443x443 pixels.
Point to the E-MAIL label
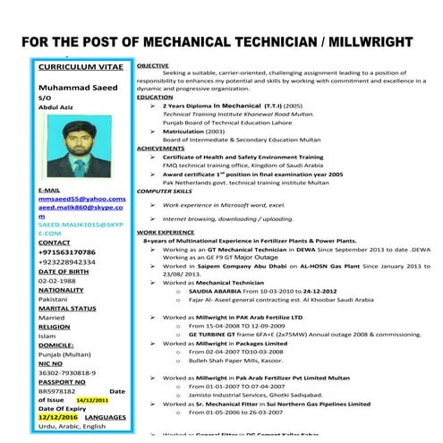pyautogui.click(x=54, y=191)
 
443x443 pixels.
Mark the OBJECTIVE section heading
pyautogui.click(x=153, y=66)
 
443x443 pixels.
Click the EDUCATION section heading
pyautogui.click(x=155, y=97)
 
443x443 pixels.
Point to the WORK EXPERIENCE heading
pyautogui.click(x=166, y=232)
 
